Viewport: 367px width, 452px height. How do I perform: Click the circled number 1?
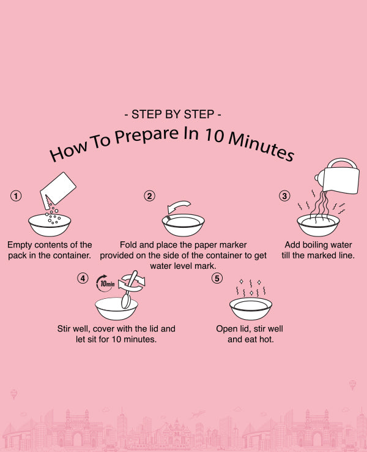click(x=16, y=196)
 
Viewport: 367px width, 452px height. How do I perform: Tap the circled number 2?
click(x=149, y=196)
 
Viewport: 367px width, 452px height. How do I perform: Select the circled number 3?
click(x=284, y=196)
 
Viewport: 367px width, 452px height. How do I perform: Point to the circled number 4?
click(x=83, y=278)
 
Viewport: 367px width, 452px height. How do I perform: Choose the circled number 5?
click(x=217, y=278)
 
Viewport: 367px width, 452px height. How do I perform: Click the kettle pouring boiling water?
click(x=338, y=176)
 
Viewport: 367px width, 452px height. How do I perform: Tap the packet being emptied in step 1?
click(x=57, y=190)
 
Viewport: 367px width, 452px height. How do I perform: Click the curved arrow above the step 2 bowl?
click(x=178, y=206)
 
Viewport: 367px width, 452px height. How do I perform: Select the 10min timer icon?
click(x=105, y=284)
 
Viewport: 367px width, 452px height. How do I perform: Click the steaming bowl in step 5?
click(x=251, y=309)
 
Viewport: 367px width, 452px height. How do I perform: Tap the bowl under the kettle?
click(x=318, y=225)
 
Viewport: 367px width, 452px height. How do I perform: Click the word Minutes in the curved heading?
click(x=261, y=146)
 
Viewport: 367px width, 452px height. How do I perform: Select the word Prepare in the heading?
click(x=146, y=135)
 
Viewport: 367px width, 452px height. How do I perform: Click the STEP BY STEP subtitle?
click(x=172, y=115)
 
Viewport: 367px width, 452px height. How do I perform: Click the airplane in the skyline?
click(x=199, y=414)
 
